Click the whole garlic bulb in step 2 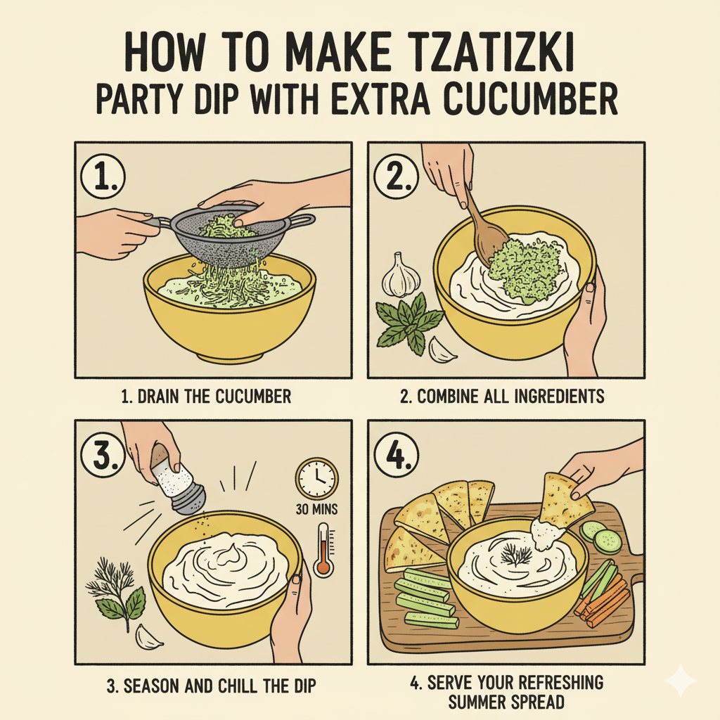tap(401, 275)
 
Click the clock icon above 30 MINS tap(317, 479)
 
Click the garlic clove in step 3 tap(148, 636)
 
